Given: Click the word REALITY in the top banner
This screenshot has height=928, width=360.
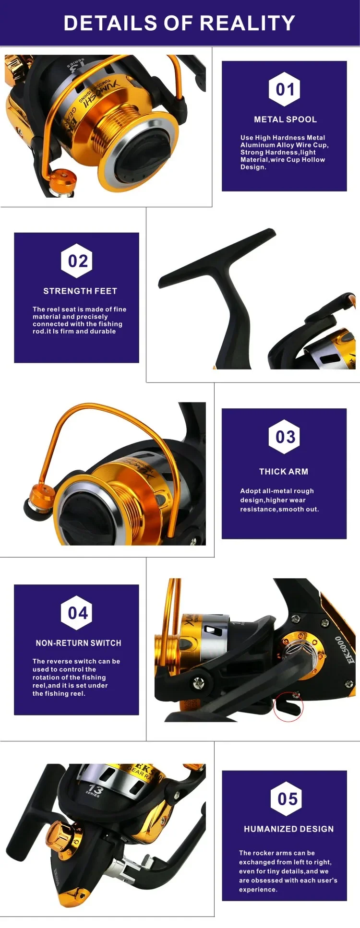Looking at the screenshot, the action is (x=247, y=23).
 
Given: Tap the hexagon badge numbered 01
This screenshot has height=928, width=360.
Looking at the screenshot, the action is (x=285, y=89).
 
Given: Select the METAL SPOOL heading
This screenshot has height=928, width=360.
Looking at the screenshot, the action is (x=285, y=119).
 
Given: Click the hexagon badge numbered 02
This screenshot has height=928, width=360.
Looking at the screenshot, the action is (x=77, y=261).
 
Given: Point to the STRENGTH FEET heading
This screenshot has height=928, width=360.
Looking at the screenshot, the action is (x=80, y=291).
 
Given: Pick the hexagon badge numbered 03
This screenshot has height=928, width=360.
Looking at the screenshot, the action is (x=285, y=437).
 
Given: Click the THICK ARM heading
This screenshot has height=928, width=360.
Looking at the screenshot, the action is (x=284, y=472).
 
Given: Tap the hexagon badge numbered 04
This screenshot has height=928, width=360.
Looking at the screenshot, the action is (x=77, y=613).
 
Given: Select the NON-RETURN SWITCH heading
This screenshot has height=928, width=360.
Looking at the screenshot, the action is (x=79, y=643).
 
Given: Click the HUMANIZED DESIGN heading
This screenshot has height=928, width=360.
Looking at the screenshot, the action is (x=288, y=829).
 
